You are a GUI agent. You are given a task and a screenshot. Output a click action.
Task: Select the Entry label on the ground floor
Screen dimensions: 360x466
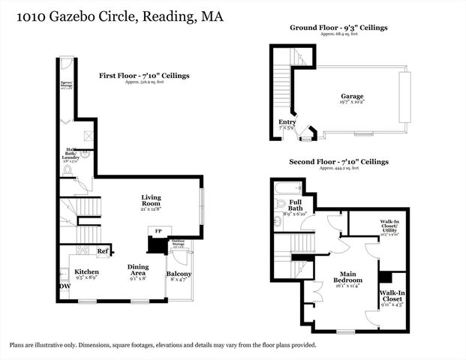point(287,121)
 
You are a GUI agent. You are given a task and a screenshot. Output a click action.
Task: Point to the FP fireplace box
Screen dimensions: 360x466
point(158,231)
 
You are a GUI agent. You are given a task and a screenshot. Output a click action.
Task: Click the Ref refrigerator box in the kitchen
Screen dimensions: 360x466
point(102,251)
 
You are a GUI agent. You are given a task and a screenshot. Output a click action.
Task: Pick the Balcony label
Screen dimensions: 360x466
point(179,274)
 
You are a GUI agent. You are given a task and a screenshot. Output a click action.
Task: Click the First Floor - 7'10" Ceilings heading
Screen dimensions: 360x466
point(144,76)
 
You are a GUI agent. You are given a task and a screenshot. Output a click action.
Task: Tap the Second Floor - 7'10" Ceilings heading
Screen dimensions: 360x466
point(339,162)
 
